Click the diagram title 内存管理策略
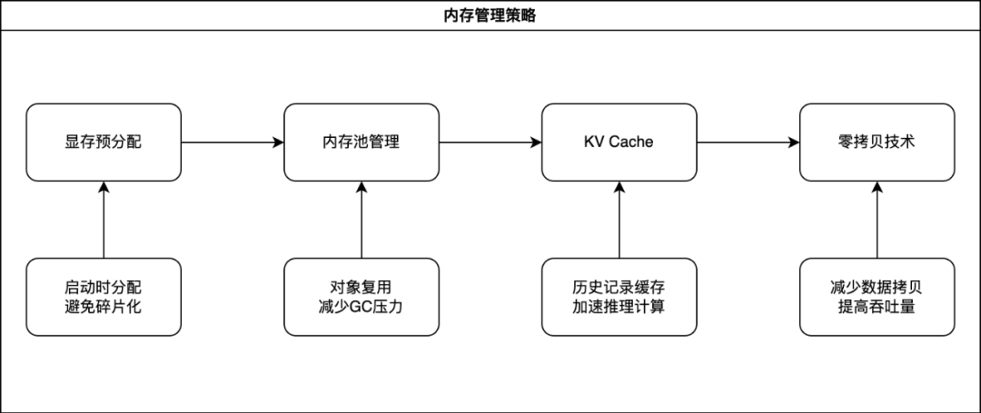(490, 15)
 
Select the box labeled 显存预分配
(104, 142)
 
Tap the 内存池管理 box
(362, 142)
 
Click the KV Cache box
(619, 142)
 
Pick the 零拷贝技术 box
(877, 142)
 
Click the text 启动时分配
(104, 287)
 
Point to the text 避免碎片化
(104, 307)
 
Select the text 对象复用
(362, 287)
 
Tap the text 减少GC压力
(362, 307)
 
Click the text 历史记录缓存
(619, 287)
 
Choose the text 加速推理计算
(619, 307)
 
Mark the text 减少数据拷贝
(877, 287)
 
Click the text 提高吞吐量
(877, 307)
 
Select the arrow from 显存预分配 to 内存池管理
(233, 142)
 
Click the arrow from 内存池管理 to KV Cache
(490, 142)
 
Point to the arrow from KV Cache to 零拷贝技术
(748, 142)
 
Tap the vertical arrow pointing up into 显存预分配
(104, 220)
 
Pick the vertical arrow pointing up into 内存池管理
(362, 220)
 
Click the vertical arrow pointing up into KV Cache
(619, 220)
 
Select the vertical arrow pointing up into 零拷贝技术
(877, 220)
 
